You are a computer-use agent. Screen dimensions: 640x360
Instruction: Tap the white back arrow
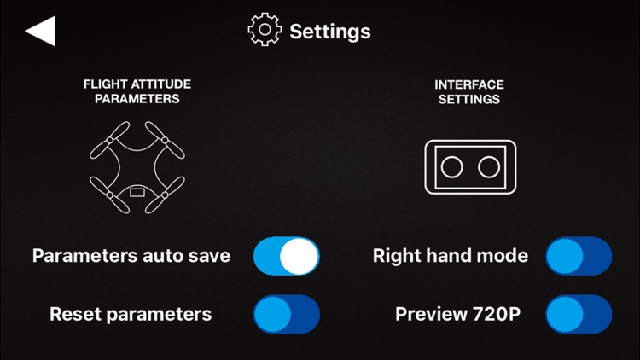click(x=40, y=31)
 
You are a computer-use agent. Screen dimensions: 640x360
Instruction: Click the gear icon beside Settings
click(x=265, y=29)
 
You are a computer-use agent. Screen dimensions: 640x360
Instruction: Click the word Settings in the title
click(x=330, y=32)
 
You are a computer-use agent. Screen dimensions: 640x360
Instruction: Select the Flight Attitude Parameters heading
click(x=137, y=91)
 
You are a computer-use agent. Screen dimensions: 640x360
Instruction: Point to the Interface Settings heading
click(x=469, y=92)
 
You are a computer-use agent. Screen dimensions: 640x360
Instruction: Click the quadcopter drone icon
click(x=137, y=167)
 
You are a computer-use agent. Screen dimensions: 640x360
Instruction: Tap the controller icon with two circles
click(x=470, y=167)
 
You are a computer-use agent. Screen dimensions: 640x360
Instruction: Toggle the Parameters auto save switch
click(x=287, y=256)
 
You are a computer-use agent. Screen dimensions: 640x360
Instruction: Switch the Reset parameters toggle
click(x=287, y=314)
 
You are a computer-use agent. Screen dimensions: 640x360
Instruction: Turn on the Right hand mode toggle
click(x=579, y=256)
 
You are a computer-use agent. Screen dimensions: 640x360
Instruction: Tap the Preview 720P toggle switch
click(x=579, y=314)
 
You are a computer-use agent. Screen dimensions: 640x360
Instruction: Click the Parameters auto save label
click(x=131, y=256)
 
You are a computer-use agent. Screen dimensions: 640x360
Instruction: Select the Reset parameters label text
click(x=131, y=314)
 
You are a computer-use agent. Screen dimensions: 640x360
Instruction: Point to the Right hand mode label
click(x=451, y=256)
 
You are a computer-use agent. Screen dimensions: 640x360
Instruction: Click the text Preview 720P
click(x=458, y=314)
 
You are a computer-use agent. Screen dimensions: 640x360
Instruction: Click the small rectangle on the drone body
click(x=137, y=192)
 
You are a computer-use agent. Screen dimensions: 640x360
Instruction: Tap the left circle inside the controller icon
click(x=451, y=167)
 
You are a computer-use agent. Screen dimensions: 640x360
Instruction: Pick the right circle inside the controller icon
click(x=489, y=167)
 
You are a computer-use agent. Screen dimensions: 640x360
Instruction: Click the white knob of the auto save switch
click(x=300, y=256)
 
